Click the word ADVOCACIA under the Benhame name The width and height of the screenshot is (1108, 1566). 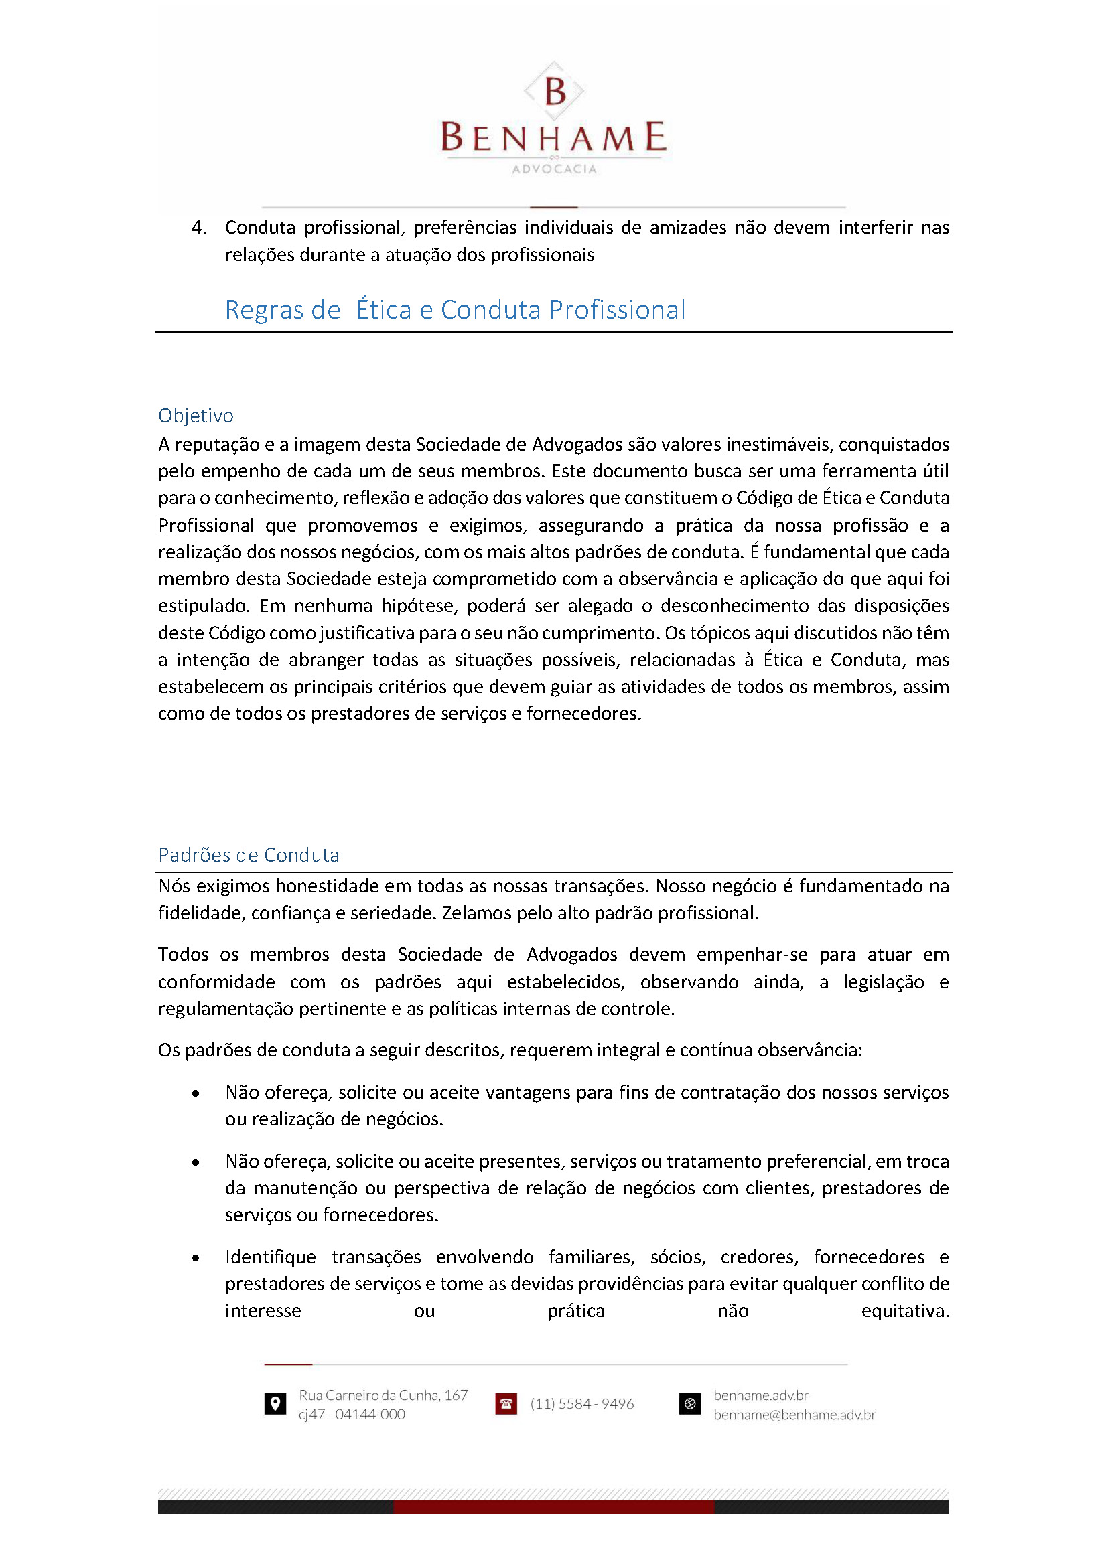[554, 169]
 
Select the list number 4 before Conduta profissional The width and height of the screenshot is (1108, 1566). [198, 227]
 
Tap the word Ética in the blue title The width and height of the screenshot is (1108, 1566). [383, 310]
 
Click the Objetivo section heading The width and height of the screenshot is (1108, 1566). [196, 415]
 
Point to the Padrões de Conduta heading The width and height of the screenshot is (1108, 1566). [249, 854]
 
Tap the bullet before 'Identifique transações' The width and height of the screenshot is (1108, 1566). [196, 1259]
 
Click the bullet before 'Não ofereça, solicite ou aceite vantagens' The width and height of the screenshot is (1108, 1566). [196, 1093]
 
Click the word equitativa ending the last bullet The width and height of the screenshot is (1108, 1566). [904, 1311]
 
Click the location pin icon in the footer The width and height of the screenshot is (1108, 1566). [275, 1404]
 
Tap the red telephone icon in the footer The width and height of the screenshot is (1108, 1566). [506, 1404]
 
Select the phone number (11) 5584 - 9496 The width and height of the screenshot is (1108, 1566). [582, 1404]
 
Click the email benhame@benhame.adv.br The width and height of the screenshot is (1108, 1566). [794, 1415]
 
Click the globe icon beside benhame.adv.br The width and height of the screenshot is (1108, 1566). [690, 1404]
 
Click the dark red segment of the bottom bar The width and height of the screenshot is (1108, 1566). [553, 1507]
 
